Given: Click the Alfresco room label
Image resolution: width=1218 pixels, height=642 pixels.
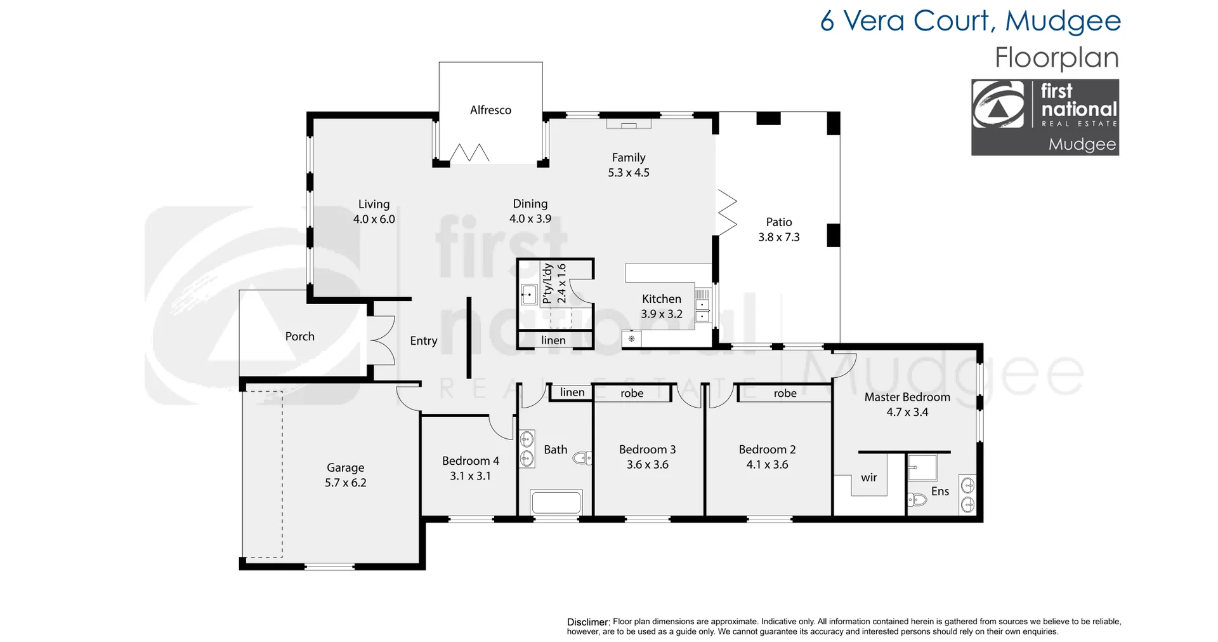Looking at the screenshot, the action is (x=490, y=110).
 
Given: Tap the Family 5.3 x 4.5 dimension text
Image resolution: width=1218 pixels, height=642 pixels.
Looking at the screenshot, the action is (x=629, y=173).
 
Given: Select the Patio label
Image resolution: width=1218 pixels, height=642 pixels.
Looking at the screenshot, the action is (x=779, y=222).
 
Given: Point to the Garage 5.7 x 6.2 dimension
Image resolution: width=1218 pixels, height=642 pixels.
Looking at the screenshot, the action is (x=346, y=483).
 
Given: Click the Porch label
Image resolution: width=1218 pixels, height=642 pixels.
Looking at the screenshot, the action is (x=300, y=337).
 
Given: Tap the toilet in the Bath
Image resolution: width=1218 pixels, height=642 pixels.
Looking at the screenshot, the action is (x=582, y=457).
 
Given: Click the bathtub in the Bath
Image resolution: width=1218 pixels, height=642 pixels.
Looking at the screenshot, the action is (x=556, y=502).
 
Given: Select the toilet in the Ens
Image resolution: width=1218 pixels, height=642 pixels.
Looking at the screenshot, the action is (x=917, y=500).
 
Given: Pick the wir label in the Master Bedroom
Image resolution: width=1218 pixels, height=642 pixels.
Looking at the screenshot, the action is (x=869, y=478).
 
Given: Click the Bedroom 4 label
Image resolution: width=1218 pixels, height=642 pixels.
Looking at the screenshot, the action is (x=471, y=461).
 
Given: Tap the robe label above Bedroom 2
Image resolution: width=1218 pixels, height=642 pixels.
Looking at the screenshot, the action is (x=785, y=394).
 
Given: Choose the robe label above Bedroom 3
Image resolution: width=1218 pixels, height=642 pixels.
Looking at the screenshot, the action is (x=632, y=394).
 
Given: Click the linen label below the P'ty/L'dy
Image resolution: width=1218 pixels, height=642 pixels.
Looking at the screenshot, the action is (x=553, y=340).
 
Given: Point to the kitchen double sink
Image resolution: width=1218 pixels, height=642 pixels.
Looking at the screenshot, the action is (x=702, y=305).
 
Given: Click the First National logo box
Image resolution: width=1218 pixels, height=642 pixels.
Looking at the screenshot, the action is (x=1045, y=117).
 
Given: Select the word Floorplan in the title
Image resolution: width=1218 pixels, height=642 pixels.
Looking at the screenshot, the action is (x=1057, y=58).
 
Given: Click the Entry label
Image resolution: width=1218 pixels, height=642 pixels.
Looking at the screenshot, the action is (x=424, y=341).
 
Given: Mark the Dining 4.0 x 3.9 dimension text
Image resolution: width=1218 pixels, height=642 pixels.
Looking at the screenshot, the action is (x=530, y=219).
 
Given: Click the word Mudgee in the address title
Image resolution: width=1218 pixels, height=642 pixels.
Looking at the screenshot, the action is (x=1063, y=22).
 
